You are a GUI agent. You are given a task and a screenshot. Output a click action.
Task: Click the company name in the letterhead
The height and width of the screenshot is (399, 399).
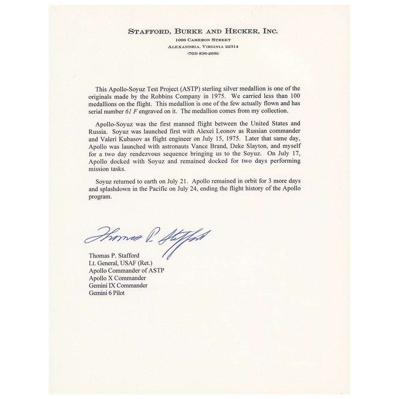[203, 31]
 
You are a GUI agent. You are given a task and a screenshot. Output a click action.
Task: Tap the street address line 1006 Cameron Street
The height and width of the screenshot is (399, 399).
[203, 40]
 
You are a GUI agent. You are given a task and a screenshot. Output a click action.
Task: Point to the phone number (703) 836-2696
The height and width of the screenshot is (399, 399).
[203, 53]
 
